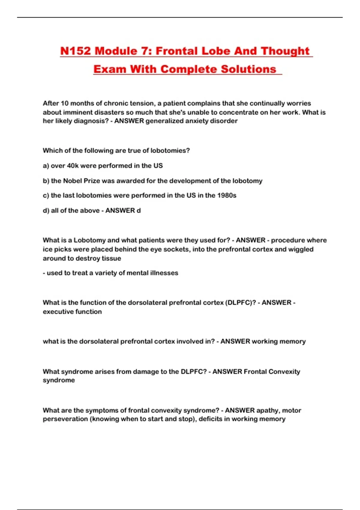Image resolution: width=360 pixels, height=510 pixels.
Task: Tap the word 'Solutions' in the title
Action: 248,69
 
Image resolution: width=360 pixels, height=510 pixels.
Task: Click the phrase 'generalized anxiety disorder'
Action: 191,121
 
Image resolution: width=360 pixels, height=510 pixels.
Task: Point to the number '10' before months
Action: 64,103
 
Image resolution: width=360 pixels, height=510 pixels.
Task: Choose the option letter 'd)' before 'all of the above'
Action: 46,211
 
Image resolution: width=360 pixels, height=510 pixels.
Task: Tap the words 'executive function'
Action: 72,312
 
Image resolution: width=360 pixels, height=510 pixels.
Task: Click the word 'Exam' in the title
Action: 109,69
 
